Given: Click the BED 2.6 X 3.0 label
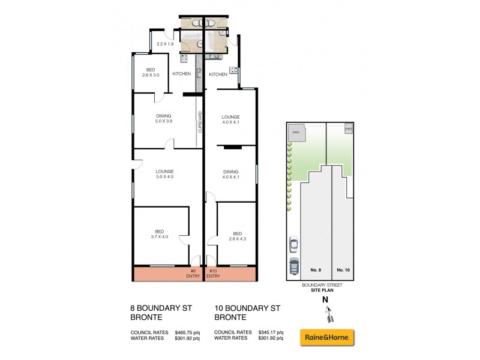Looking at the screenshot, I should pyautogui.click(x=151, y=73).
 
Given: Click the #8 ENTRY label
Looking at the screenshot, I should pyautogui.click(x=193, y=274).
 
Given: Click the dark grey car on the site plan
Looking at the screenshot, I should pyautogui.click(x=293, y=266).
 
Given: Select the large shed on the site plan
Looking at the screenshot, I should pyautogui.click(x=295, y=133).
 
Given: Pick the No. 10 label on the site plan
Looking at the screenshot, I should pyautogui.click(x=343, y=270).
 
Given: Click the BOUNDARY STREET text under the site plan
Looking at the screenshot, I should pyautogui.click(x=323, y=285).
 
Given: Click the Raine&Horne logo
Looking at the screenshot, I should pyautogui.click(x=326, y=337).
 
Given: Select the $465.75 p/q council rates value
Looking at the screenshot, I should pyautogui.click(x=187, y=332).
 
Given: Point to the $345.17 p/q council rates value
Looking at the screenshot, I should pyautogui.click(x=271, y=332).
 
